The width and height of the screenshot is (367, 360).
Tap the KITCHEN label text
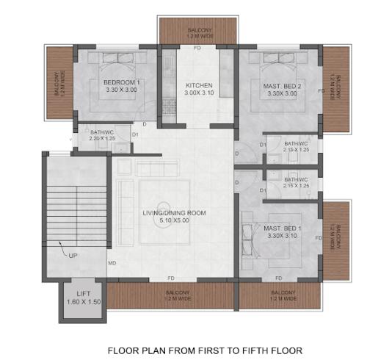pos(199,85)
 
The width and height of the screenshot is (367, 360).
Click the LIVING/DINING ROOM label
pos(174,213)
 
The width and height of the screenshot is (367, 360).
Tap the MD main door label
pos(112,262)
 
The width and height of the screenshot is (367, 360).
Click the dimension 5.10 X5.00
pos(174,221)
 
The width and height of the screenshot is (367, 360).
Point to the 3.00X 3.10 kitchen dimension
pos(199,94)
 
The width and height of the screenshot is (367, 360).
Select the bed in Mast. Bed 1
pos(257,235)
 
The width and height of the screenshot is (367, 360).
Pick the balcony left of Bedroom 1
pos(60,84)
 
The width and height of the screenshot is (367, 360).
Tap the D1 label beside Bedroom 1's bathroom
pos(135,135)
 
